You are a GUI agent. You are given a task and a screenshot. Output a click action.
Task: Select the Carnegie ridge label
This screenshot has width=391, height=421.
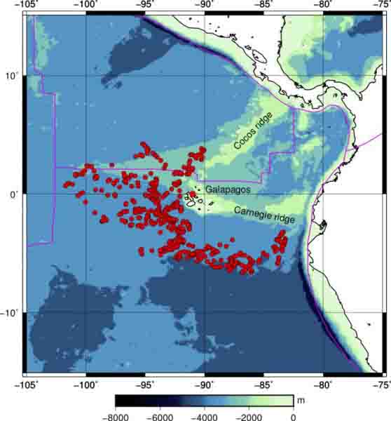tap(265, 213)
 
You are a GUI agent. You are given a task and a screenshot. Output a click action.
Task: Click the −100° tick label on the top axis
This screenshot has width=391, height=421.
tap(86, 6)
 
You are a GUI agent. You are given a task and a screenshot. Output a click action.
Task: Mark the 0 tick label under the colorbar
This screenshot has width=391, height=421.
tap(293, 416)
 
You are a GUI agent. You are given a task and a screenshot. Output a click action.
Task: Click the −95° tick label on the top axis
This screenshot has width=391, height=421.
tap(145, 6)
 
